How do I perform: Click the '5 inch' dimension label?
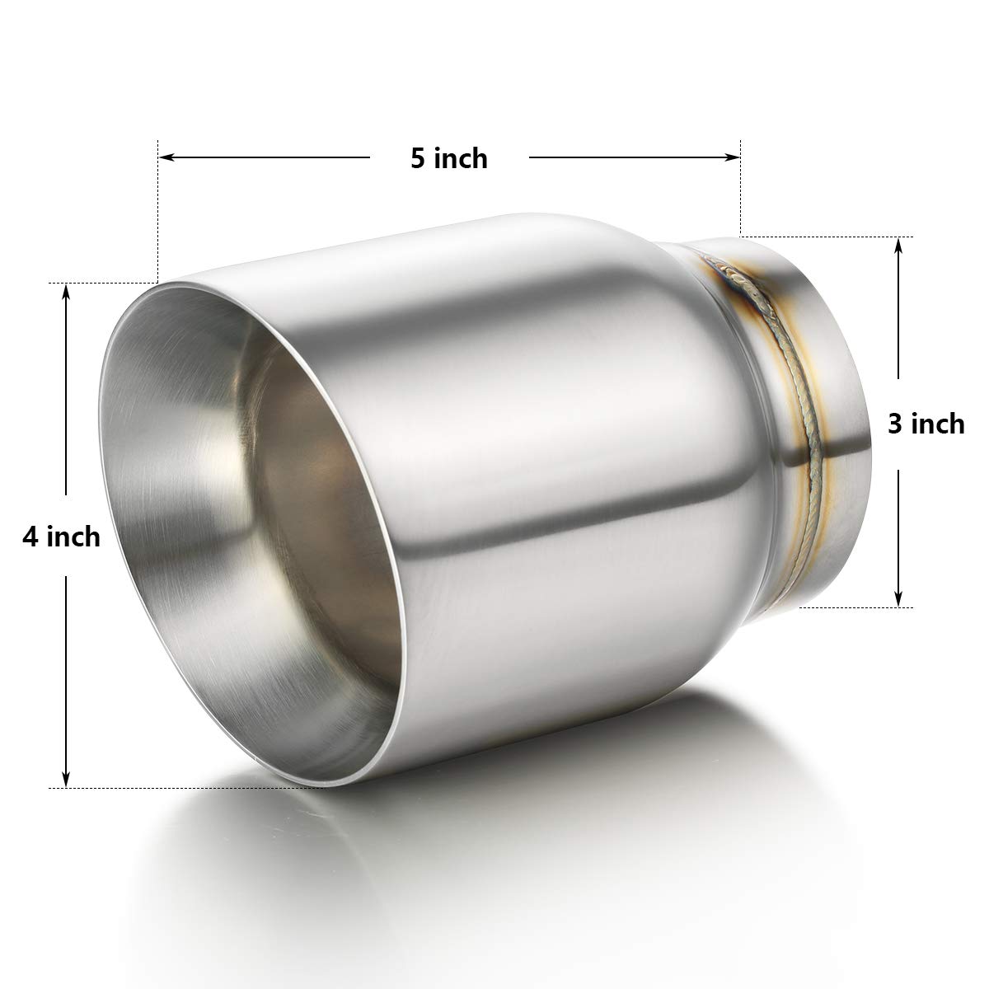pyautogui.click(x=449, y=157)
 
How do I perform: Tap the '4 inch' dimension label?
pyautogui.click(x=62, y=537)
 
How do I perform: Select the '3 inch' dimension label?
pyautogui.click(x=926, y=423)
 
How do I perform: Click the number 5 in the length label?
pyautogui.click(x=419, y=157)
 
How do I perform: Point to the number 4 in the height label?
pyautogui.click(x=31, y=537)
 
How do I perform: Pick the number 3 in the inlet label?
pyautogui.click(x=895, y=423)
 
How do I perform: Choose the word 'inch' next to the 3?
pyautogui.click(x=937, y=423)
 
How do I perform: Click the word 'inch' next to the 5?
pyautogui.click(x=461, y=157)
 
